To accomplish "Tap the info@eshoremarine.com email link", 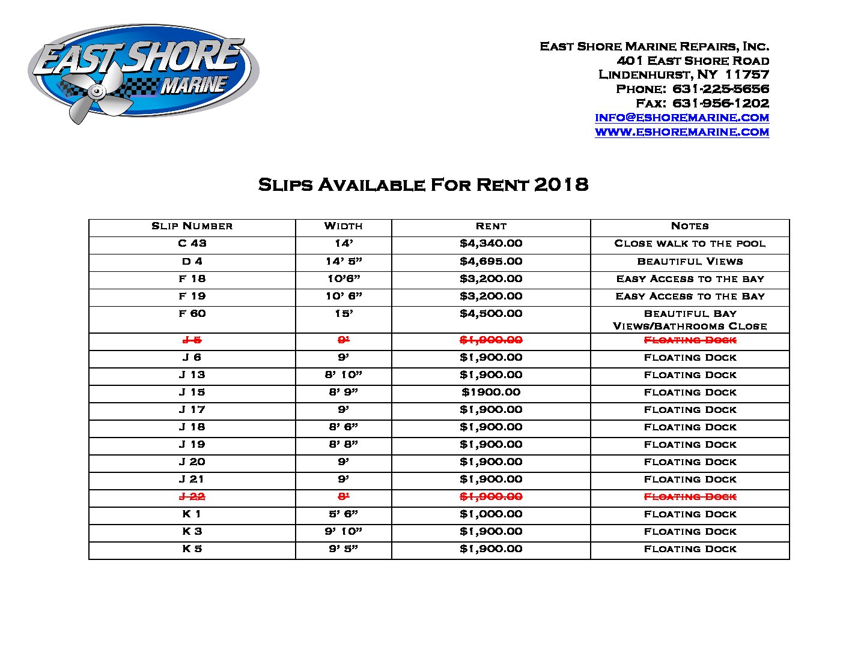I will point(682,118).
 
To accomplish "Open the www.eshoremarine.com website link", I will point(682,132).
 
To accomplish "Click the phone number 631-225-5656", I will point(720,89).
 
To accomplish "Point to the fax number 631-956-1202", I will point(720,103).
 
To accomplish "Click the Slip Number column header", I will point(192,226).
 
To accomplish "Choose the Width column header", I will point(343,226).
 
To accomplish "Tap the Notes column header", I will point(690,226).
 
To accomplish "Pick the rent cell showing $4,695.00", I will point(491,261).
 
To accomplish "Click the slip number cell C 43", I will point(192,244).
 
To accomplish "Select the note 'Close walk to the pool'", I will point(690,244).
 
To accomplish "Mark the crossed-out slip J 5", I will point(192,340).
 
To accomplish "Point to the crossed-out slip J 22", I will point(192,497).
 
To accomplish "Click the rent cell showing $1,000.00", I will point(491,514).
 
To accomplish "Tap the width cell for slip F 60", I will point(343,314).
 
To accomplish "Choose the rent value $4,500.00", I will point(491,314).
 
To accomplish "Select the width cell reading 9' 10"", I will point(343,532).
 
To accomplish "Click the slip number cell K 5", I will point(192,549).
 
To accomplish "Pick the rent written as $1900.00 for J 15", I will point(491,393).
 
